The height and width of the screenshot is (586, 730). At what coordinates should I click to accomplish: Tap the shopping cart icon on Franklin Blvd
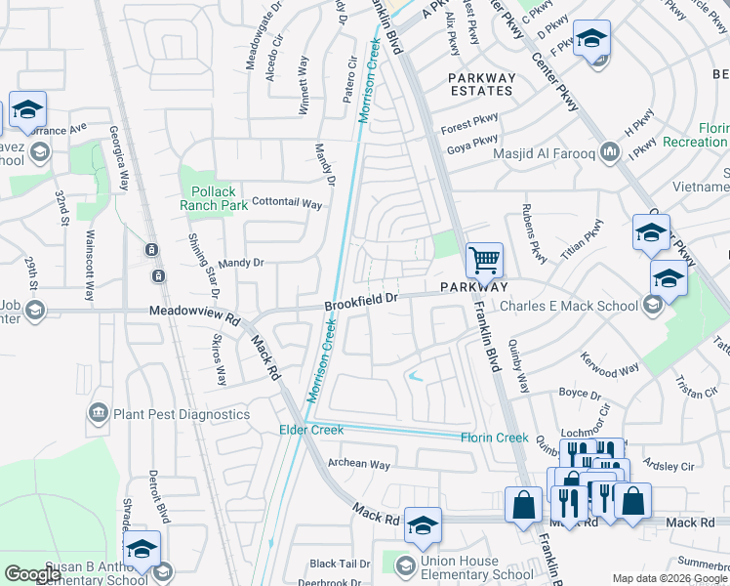click(484, 260)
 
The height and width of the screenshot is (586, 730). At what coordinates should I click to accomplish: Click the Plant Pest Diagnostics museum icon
click(98, 414)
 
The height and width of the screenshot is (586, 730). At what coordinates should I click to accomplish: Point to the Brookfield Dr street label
click(362, 303)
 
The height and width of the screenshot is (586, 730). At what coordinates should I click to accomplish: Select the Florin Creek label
click(494, 438)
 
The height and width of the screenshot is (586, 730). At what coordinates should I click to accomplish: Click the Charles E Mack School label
click(570, 306)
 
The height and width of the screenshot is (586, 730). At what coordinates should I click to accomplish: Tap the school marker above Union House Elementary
click(423, 525)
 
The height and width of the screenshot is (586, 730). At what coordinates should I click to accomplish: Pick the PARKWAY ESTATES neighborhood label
click(480, 84)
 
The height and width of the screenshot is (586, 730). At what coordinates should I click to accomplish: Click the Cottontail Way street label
click(287, 204)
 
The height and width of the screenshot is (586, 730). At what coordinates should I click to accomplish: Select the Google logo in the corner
click(32, 574)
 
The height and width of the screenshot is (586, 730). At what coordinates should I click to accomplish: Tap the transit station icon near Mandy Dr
click(152, 250)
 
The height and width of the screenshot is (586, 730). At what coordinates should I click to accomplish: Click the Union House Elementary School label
click(477, 568)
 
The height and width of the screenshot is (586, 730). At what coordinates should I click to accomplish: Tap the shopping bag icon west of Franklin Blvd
click(524, 504)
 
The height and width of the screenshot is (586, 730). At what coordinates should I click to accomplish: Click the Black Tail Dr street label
click(340, 564)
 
